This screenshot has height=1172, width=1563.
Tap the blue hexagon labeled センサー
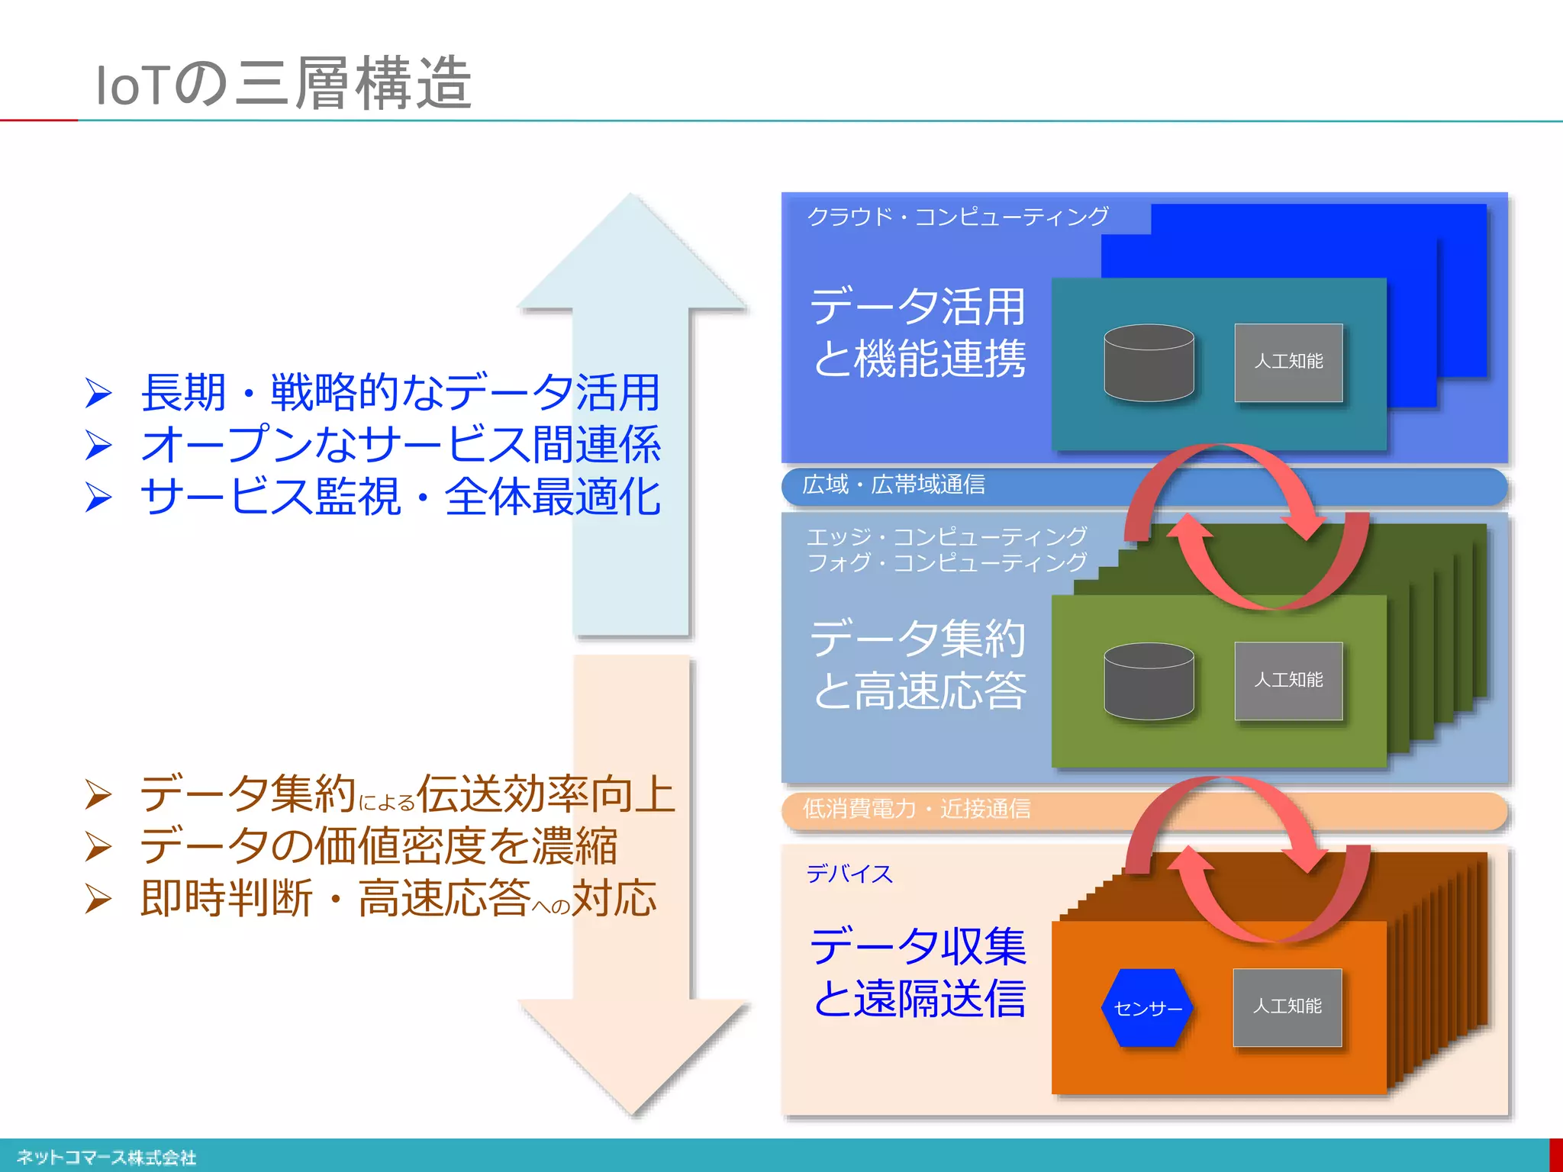(x=1147, y=1008)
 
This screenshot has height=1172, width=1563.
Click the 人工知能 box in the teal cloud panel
(x=1288, y=362)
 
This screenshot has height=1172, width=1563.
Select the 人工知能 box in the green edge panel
(x=1288, y=681)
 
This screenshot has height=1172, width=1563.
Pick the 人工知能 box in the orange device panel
(x=1287, y=1007)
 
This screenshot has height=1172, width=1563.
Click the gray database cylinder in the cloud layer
(x=1149, y=363)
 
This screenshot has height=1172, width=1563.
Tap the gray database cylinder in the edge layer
(x=1149, y=681)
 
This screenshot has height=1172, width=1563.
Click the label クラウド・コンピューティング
(x=958, y=217)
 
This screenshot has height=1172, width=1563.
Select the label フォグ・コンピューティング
(x=946, y=563)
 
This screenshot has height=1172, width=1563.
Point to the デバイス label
(x=849, y=874)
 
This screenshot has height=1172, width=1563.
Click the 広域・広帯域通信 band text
(x=894, y=485)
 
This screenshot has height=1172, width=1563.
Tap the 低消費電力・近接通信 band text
(x=917, y=809)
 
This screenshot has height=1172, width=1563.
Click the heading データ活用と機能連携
(x=919, y=333)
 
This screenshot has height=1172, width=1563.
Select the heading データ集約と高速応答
(x=919, y=664)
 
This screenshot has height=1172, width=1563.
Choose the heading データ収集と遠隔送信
(x=919, y=973)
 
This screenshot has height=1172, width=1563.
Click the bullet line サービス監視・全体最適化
(x=400, y=497)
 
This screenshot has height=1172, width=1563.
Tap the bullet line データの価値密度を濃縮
(x=379, y=846)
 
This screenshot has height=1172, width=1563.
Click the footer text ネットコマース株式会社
(x=106, y=1158)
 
